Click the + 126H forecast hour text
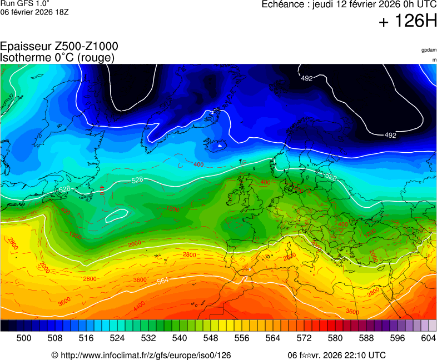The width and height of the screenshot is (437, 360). click(408, 22)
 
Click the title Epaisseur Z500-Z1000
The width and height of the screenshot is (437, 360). click(59, 47)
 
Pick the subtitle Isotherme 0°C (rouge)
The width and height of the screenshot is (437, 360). click(57, 57)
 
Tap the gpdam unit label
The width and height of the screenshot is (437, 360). click(429, 50)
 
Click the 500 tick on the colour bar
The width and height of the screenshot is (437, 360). click(23, 338)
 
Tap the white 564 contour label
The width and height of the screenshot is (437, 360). click(162, 281)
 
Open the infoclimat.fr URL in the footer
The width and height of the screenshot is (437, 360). click(145, 355)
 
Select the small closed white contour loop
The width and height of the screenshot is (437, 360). click(117, 214)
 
